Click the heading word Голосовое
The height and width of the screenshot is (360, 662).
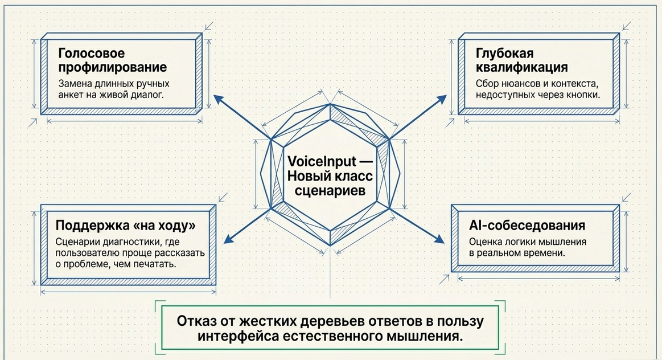point(91,54)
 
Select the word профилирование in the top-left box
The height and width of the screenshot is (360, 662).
point(112,68)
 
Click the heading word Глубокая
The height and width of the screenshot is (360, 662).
point(505,54)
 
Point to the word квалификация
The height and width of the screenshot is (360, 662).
point(521,68)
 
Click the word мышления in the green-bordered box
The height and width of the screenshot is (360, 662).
point(423,336)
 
